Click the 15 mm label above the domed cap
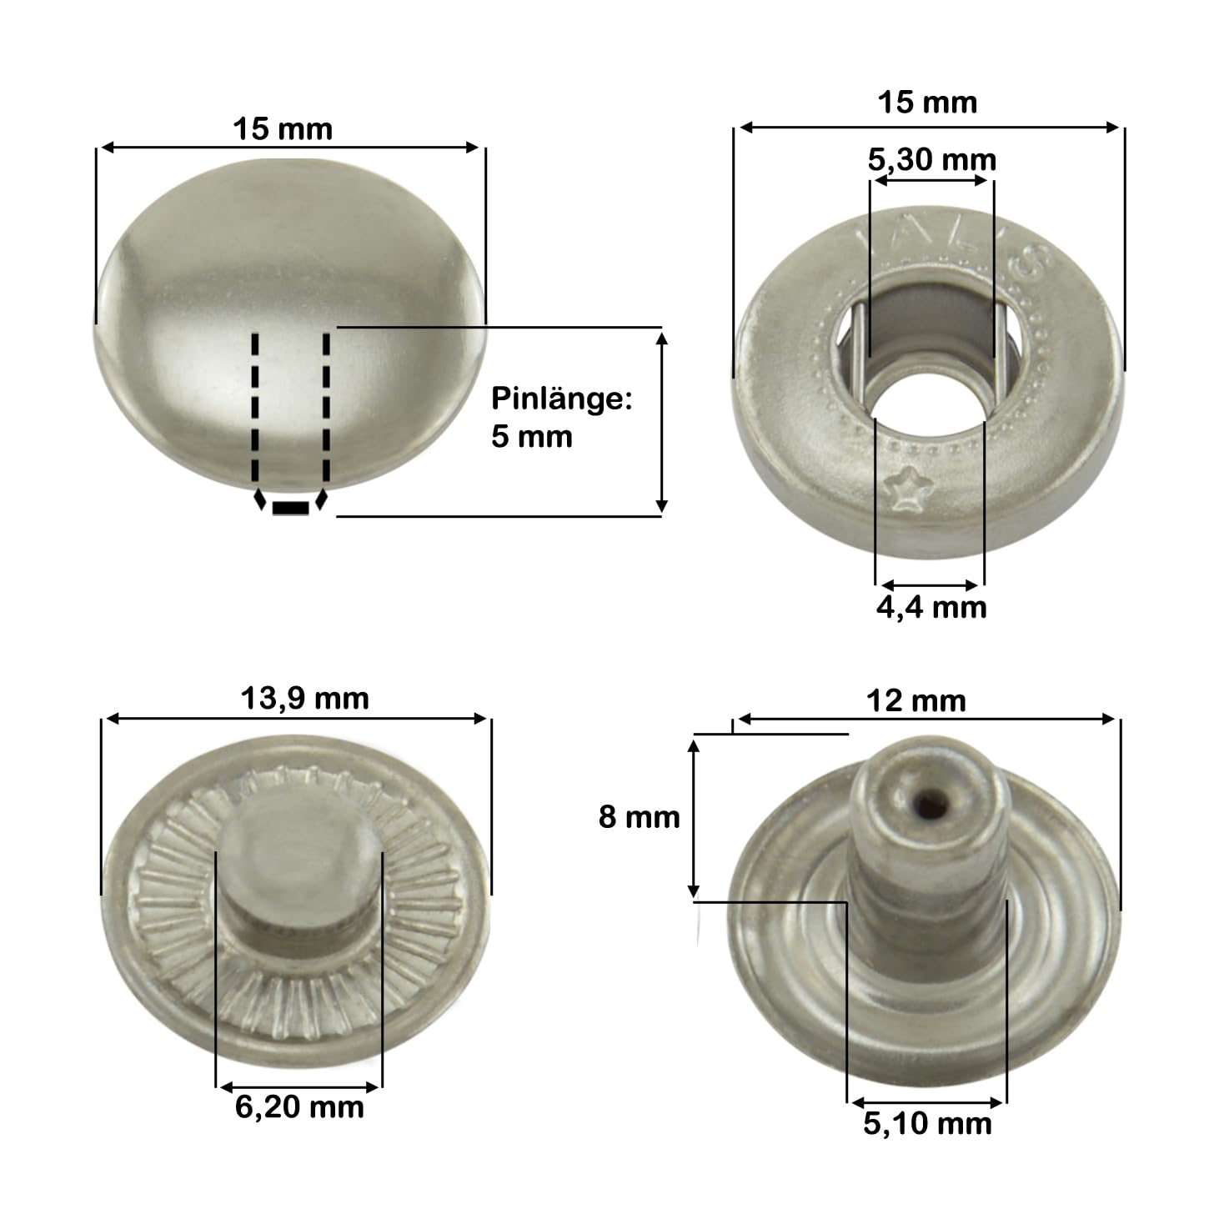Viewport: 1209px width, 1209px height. pos(283,129)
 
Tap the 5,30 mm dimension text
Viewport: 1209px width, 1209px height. pos(931,159)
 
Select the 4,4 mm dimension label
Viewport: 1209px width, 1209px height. pos(931,607)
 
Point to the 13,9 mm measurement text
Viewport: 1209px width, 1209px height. pos(304,699)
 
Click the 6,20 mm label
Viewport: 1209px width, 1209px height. pos(299,1107)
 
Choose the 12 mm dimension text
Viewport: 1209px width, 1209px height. pos(916,701)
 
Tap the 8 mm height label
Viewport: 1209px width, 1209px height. pos(639,817)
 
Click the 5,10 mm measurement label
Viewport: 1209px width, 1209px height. pos(927,1124)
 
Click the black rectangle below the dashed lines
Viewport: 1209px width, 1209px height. pos(290,508)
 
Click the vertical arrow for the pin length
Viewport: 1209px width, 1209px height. pos(661,421)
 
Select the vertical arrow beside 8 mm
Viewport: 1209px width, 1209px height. pos(693,817)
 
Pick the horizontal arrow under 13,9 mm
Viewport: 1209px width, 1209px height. pos(296,718)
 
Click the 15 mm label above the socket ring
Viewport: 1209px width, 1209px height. pos(926,103)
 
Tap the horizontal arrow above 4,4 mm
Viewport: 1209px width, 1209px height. pos(930,584)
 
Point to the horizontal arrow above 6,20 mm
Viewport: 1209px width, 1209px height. pos(299,1086)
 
